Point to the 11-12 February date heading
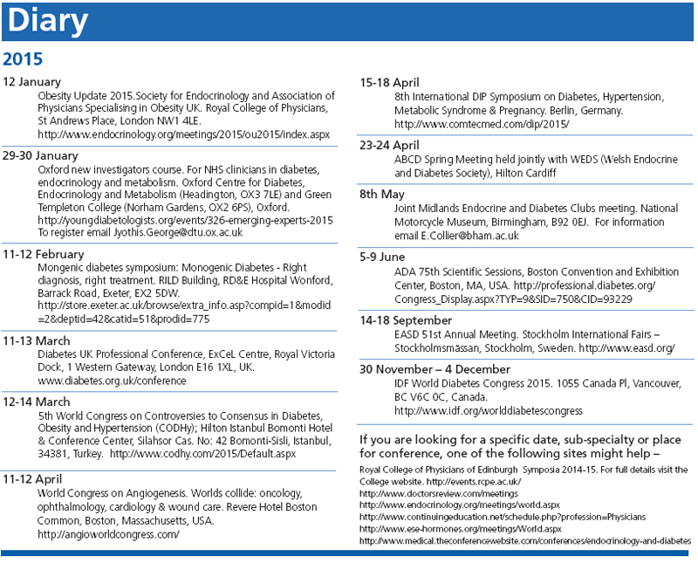point(44,253)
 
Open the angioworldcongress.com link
point(109,534)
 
